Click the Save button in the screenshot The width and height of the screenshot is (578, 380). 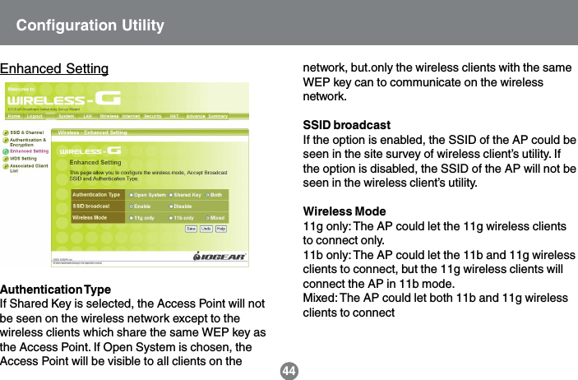(x=192, y=228)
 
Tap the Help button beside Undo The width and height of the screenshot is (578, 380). (x=221, y=228)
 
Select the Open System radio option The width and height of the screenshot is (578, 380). (x=150, y=194)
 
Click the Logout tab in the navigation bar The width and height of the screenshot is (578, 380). (x=35, y=116)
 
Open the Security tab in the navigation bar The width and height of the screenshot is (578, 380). (x=153, y=116)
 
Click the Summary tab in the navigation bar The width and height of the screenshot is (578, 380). (x=217, y=116)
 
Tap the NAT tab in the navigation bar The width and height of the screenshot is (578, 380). (x=174, y=116)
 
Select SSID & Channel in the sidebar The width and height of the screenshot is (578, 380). (x=26, y=132)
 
